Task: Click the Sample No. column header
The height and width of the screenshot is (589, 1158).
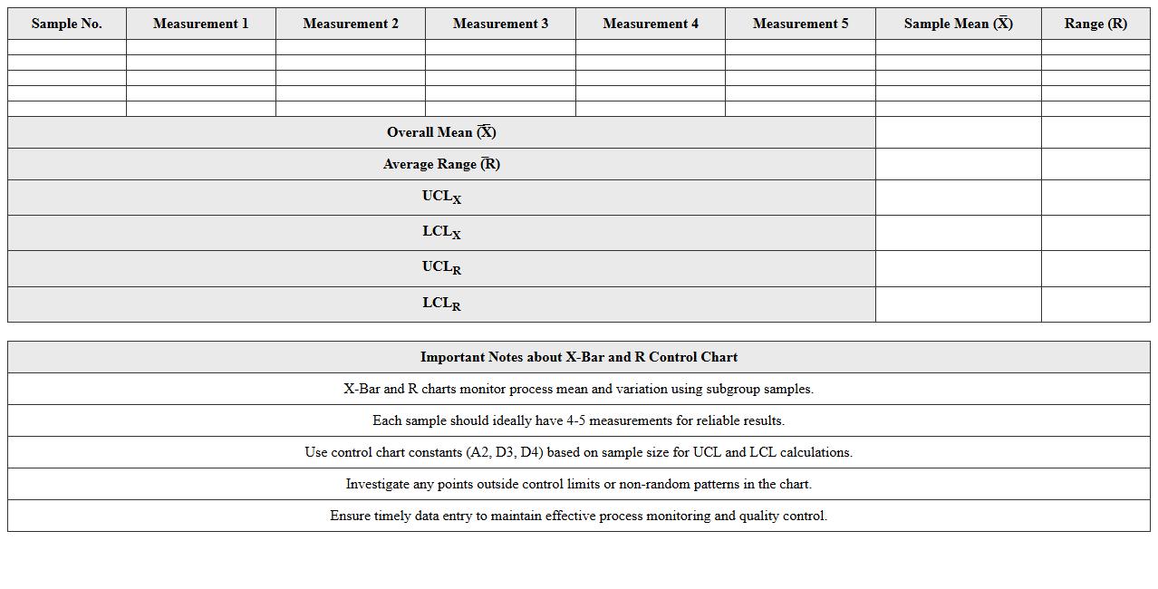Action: (x=66, y=24)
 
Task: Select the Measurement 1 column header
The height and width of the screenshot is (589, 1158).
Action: (x=200, y=24)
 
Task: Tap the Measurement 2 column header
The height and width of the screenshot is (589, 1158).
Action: (x=351, y=24)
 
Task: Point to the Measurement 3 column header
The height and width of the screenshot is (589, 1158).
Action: (x=500, y=24)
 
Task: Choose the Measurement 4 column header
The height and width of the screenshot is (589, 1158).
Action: (x=651, y=24)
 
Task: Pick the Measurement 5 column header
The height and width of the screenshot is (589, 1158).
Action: (x=800, y=24)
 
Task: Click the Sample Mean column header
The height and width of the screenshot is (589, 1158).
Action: (x=958, y=24)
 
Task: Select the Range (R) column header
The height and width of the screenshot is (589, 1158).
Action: (x=1095, y=24)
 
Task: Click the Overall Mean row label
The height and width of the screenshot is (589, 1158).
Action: (x=441, y=132)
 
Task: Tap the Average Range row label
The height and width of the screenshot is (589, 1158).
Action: (x=441, y=164)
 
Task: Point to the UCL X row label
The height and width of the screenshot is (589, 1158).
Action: (x=441, y=197)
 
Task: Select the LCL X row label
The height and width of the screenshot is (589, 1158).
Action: (x=441, y=232)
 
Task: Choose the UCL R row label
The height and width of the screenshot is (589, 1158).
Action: (x=441, y=267)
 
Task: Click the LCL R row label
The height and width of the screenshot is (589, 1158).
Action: (x=441, y=304)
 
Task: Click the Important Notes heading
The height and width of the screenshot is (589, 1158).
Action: (x=578, y=357)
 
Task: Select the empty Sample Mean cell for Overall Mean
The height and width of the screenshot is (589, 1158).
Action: (x=958, y=132)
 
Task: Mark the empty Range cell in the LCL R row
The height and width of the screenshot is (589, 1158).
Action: (x=1095, y=304)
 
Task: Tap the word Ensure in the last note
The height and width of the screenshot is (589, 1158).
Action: (x=352, y=516)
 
